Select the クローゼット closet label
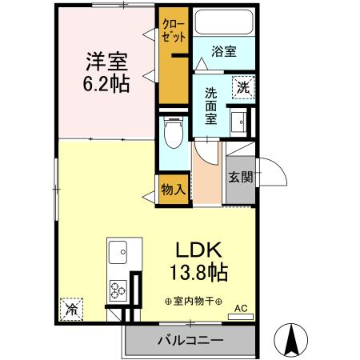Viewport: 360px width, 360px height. tap(174, 30)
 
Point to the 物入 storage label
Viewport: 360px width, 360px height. tap(174, 190)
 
